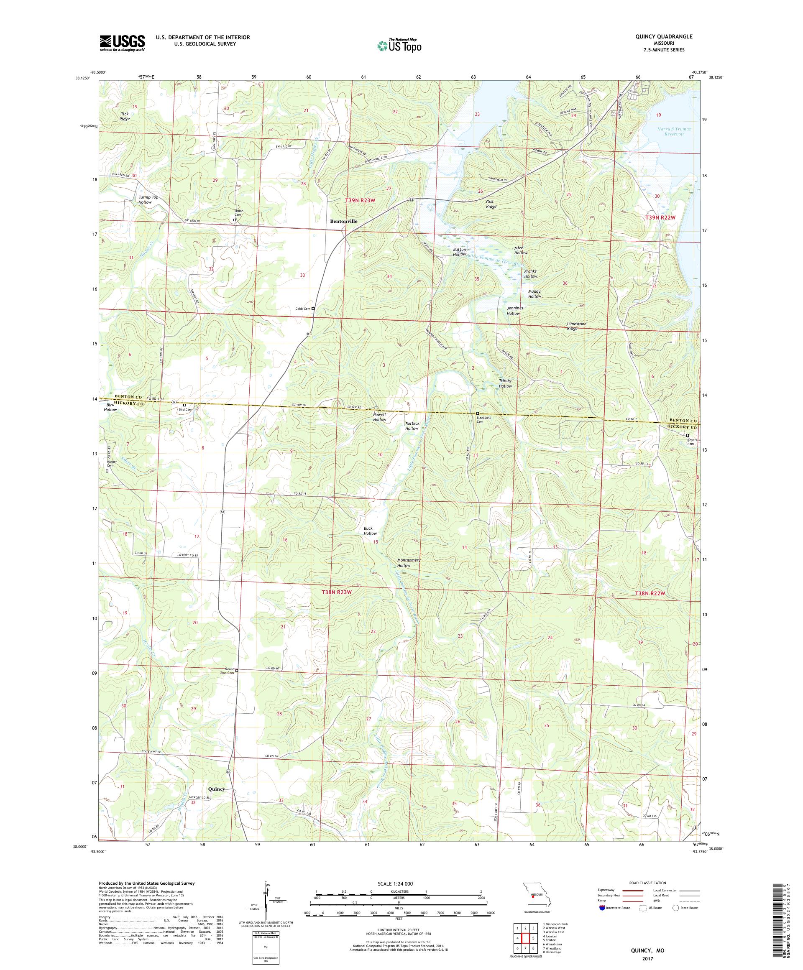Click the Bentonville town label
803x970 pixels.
click(343, 221)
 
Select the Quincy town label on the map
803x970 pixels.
click(216, 789)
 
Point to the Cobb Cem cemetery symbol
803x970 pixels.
click(313, 309)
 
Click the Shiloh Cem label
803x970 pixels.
click(238, 213)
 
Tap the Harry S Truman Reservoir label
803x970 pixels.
click(674, 132)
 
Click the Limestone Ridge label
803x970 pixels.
click(576, 326)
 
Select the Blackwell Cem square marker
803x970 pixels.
click(477, 414)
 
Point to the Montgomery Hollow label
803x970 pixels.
click(409, 563)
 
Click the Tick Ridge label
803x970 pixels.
click(125, 116)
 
